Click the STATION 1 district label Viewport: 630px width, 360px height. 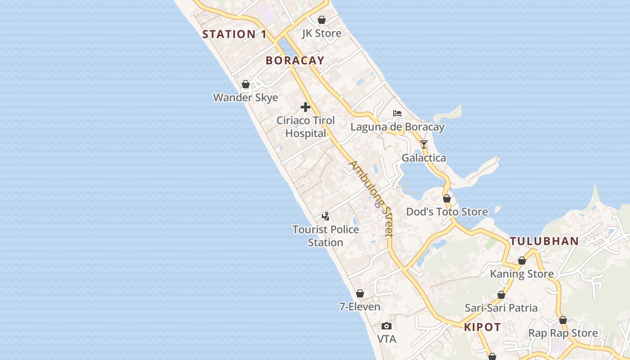(234, 34)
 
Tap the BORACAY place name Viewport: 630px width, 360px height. (295, 61)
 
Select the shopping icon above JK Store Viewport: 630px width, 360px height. (322, 20)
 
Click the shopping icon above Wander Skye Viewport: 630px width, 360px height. (246, 84)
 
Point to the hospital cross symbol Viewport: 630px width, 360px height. (306, 107)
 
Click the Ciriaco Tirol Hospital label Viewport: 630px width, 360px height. (306, 127)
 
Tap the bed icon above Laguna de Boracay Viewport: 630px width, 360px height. (397, 113)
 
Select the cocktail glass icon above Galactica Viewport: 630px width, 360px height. (424, 144)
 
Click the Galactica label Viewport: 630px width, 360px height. (424, 158)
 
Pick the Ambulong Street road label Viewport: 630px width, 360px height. (372, 198)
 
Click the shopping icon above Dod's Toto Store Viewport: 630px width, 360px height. (447, 198)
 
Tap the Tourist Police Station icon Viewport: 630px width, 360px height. (325, 216)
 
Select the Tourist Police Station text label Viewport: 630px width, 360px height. (326, 236)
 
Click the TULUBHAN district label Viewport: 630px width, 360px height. (544, 241)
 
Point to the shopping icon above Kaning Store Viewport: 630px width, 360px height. (522, 261)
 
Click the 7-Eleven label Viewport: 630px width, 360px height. (360, 307)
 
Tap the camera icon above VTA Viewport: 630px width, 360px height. (387, 326)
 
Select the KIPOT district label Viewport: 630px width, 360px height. (482, 327)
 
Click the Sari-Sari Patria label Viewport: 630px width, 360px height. (501, 308)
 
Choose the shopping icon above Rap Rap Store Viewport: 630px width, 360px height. (563, 320)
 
